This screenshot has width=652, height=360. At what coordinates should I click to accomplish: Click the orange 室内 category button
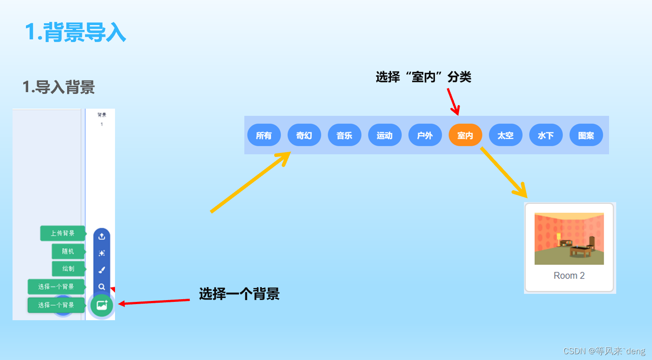[x=465, y=135]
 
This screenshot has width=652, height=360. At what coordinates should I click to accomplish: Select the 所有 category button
[x=264, y=135]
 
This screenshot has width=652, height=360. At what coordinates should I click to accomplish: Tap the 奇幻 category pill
[x=304, y=135]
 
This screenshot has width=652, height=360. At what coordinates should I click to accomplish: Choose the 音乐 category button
[x=344, y=135]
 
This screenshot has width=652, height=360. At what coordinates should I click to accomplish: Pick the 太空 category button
[x=505, y=135]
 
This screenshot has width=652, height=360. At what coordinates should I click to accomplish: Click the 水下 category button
[x=545, y=135]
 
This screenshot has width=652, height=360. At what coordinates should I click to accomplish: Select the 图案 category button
[x=586, y=135]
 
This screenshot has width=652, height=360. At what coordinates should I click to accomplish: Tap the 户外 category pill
[x=425, y=135]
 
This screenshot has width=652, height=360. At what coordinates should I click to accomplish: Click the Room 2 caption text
[x=569, y=275]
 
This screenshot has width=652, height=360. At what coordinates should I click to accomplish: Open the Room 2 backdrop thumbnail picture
[x=569, y=239]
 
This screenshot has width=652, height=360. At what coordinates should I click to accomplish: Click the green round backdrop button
[x=102, y=305]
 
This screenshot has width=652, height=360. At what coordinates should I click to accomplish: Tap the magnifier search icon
[x=102, y=287]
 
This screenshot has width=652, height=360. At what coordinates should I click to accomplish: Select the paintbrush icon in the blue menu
[x=102, y=270]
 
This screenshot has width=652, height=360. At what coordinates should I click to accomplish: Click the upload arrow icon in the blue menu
[x=102, y=237]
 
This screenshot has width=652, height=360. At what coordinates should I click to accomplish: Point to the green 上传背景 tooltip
[x=63, y=233]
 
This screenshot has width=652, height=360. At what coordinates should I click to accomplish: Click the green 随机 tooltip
[x=68, y=251]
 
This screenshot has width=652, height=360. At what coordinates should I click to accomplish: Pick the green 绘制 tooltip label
[x=68, y=269]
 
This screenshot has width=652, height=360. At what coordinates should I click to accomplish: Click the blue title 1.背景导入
[x=75, y=32]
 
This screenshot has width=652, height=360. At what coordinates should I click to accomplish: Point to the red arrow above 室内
[x=453, y=101]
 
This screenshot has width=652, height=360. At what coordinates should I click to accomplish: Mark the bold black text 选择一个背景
[x=239, y=294]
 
